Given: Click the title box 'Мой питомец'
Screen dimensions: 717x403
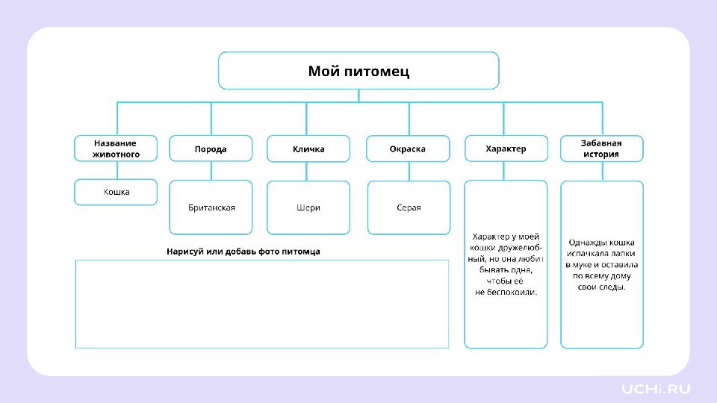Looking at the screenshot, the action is click(358, 70).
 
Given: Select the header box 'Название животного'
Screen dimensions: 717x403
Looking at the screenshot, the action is click(116, 149).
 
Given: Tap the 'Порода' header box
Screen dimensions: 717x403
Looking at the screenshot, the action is click(211, 149).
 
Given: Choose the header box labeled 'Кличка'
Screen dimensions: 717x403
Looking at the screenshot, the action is click(308, 149).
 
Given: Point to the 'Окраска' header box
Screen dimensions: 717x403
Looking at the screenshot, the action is click(408, 149).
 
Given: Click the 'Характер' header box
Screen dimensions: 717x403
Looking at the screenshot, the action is click(506, 149).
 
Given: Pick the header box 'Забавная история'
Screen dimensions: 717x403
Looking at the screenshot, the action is click(602, 149).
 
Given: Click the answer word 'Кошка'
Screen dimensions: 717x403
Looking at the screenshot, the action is click(117, 192).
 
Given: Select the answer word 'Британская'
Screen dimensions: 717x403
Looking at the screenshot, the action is click(211, 207).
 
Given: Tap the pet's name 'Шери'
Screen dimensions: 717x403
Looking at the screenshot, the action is click(308, 207).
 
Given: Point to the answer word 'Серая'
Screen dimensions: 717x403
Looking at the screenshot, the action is click(409, 207).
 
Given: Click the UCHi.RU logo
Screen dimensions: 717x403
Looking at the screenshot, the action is click(656, 389).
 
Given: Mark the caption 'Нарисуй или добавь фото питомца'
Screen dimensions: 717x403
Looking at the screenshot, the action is click(243, 252).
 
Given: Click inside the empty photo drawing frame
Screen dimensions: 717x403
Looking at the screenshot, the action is click(262, 304).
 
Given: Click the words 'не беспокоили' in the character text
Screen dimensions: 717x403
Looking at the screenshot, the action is click(505, 292).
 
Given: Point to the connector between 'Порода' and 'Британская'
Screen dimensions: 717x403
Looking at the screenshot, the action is click(211, 171).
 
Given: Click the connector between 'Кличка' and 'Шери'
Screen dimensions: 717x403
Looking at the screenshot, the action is click(306, 172).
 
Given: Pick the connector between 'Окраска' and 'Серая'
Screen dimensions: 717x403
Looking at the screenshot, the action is click(409, 172).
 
